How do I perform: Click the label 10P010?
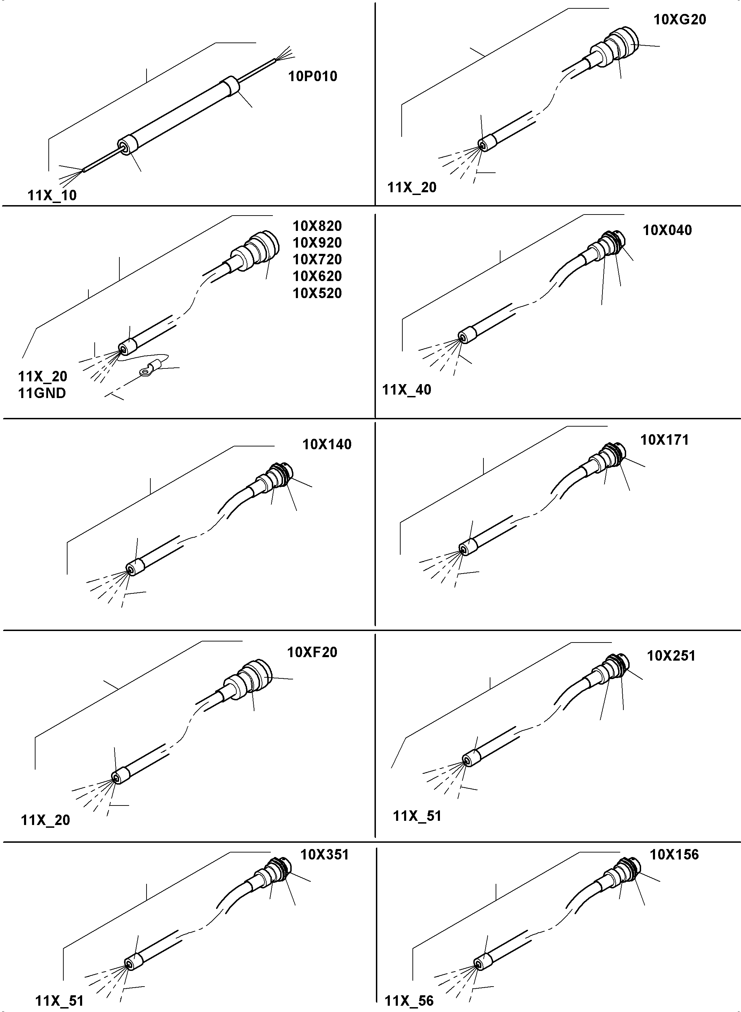click(x=312, y=76)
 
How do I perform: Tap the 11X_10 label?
click(x=52, y=196)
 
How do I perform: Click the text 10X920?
click(x=317, y=243)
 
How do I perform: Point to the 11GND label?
click(x=42, y=393)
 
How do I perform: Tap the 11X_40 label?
click(x=407, y=390)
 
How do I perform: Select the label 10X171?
click(x=664, y=440)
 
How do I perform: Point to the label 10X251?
click(x=671, y=656)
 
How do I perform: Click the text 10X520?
click(x=317, y=293)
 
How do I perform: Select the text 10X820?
click(x=317, y=226)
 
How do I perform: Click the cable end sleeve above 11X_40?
click(x=467, y=336)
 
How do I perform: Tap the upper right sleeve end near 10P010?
click(x=230, y=86)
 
